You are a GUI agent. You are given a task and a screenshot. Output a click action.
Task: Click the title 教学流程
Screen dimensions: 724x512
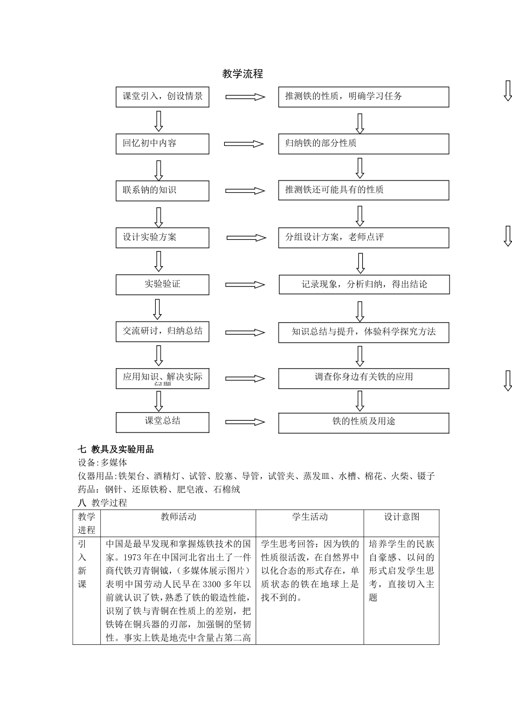coord(243,74)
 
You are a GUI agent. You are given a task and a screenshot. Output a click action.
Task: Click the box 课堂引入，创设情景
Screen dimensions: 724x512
coord(162,97)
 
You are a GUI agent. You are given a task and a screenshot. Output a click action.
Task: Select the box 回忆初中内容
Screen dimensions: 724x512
coord(162,144)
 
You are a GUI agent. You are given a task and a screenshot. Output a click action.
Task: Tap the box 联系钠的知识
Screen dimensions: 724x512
coord(162,191)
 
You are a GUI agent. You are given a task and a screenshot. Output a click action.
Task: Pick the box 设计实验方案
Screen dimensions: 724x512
coord(162,238)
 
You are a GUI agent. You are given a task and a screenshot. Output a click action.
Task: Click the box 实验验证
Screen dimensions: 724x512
coord(162,284)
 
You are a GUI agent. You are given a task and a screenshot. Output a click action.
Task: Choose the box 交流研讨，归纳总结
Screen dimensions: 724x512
coord(162,331)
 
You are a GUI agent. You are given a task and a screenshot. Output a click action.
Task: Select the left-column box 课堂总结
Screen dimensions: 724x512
coord(162,422)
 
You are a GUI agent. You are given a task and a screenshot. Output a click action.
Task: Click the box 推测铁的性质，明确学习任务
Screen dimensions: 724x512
coord(363,97)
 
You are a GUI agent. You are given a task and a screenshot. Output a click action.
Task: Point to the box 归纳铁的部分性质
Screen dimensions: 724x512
coord(363,144)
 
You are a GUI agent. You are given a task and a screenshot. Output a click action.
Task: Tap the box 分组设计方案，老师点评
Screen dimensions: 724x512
coord(363,238)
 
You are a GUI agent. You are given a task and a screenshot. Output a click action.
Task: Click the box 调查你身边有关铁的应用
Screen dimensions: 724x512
coord(363,378)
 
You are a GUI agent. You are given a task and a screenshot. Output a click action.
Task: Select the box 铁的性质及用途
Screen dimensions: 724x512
coord(363,422)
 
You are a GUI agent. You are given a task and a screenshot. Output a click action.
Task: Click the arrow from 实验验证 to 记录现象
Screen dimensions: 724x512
coord(245,285)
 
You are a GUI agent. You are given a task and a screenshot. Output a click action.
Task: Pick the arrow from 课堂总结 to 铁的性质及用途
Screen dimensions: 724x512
coord(245,423)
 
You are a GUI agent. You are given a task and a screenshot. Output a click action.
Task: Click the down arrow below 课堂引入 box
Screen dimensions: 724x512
coord(158,121)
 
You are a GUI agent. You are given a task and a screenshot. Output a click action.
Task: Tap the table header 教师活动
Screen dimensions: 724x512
coord(178,517)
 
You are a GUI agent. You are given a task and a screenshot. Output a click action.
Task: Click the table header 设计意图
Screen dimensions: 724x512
coord(402,517)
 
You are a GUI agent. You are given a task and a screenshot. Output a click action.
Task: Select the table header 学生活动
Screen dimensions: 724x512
coord(310,517)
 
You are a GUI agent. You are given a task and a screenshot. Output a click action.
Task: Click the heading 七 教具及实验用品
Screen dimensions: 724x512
coord(116,449)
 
